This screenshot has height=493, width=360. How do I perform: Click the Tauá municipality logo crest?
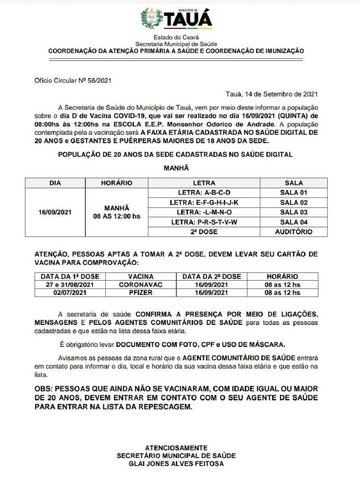point(151,19)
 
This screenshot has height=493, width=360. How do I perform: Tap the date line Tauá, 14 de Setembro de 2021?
point(272,94)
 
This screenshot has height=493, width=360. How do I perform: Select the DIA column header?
point(55,183)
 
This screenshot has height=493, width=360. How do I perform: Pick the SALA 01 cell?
point(294,192)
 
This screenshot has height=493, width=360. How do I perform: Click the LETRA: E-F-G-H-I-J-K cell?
point(204,202)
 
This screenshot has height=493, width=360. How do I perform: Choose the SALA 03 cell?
point(294,212)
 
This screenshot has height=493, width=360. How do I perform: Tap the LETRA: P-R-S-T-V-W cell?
point(204,222)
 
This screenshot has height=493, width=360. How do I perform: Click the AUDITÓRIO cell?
point(294,232)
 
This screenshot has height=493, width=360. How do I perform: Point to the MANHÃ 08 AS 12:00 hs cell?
point(117,212)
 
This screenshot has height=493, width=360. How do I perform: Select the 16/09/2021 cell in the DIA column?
point(55,212)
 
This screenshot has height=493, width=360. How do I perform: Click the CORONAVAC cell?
point(141,284)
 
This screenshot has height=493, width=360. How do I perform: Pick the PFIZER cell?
point(141,293)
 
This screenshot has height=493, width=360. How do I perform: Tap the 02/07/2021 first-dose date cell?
point(70,293)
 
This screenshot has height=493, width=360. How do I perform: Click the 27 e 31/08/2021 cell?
point(70,284)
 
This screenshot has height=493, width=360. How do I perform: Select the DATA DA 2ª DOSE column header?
point(211,276)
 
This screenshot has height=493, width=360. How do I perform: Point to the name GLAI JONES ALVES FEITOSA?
point(176,464)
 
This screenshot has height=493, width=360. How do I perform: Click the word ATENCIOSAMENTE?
point(176,448)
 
